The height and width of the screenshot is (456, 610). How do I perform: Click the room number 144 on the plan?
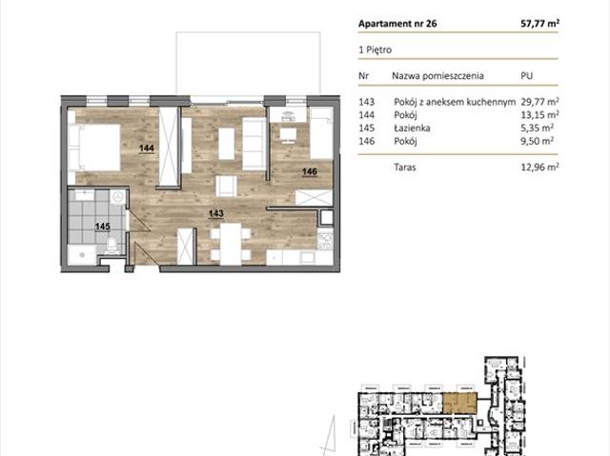[x=147, y=148]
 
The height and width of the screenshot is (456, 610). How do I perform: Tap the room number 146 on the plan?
[x=310, y=171]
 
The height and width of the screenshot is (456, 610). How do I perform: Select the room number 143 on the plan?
[x=216, y=213]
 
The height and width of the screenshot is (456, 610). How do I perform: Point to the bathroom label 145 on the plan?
[x=103, y=226]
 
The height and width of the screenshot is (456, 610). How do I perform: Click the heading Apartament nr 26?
[x=397, y=24]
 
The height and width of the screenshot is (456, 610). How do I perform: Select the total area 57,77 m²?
[x=540, y=23]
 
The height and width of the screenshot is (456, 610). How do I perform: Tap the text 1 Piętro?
[x=375, y=50]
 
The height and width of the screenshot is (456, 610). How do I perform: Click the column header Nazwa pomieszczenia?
[x=437, y=76]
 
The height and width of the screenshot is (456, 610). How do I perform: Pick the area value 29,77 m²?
[x=540, y=102]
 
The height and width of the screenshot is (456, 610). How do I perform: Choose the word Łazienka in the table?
[x=412, y=128]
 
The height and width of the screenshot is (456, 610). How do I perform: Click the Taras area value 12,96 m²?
[x=540, y=167]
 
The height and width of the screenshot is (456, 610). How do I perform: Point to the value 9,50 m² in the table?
[x=538, y=141]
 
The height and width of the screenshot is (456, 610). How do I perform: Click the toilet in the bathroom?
[x=112, y=246]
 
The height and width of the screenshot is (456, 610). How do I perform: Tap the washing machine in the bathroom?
[x=118, y=197]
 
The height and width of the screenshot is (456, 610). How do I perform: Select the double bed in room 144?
[x=94, y=148]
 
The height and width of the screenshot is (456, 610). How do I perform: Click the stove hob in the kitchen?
[x=325, y=240]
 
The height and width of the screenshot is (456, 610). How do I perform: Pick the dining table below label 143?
[x=231, y=245]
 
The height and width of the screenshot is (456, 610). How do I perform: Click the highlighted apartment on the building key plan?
[x=459, y=403]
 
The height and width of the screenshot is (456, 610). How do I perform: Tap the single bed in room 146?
[x=321, y=133]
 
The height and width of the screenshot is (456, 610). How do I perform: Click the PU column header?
[x=526, y=76]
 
